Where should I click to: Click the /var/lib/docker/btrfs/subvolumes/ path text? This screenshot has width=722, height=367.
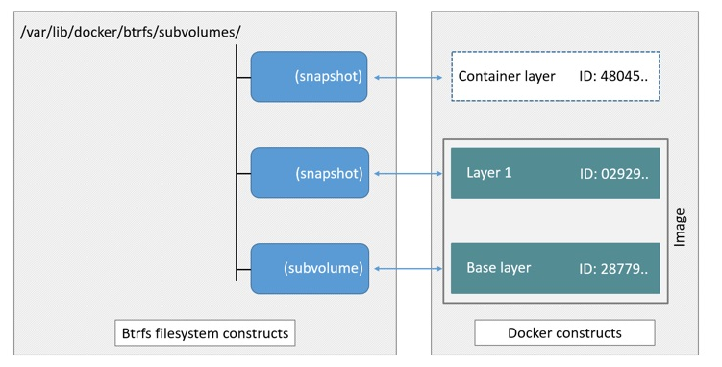click(x=131, y=32)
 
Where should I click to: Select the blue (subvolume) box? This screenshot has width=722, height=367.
click(x=309, y=269)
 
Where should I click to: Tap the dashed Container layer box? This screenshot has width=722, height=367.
click(x=555, y=76)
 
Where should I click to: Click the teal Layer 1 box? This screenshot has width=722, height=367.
click(x=555, y=173)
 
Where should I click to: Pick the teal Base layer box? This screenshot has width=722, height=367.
click(x=555, y=268)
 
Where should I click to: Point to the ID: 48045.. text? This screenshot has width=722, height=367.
click(x=612, y=76)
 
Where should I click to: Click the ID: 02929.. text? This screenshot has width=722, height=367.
click(x=613, y=173)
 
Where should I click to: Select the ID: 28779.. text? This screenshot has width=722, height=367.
click(x=613, y=268)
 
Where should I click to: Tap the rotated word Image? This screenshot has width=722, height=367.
click(x=680, y=227)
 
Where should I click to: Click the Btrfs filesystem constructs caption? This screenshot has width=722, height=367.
click(x=204, y=333)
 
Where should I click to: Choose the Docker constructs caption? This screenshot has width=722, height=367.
click(x=564, y=333)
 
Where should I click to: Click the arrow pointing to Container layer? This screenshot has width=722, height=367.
click(x=410, y=77)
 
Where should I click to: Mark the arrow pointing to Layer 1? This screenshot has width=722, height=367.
click(x=410, y=174)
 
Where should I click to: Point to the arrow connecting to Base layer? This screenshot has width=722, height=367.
click(x=410, y=269)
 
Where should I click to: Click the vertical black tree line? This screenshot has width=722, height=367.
click(x=237, y=163)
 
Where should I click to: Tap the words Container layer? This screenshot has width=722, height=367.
click(x=507, y=76)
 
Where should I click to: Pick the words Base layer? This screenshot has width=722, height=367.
click(x=498, y=268)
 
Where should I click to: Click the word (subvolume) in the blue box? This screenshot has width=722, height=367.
click(x=323, y=269)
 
